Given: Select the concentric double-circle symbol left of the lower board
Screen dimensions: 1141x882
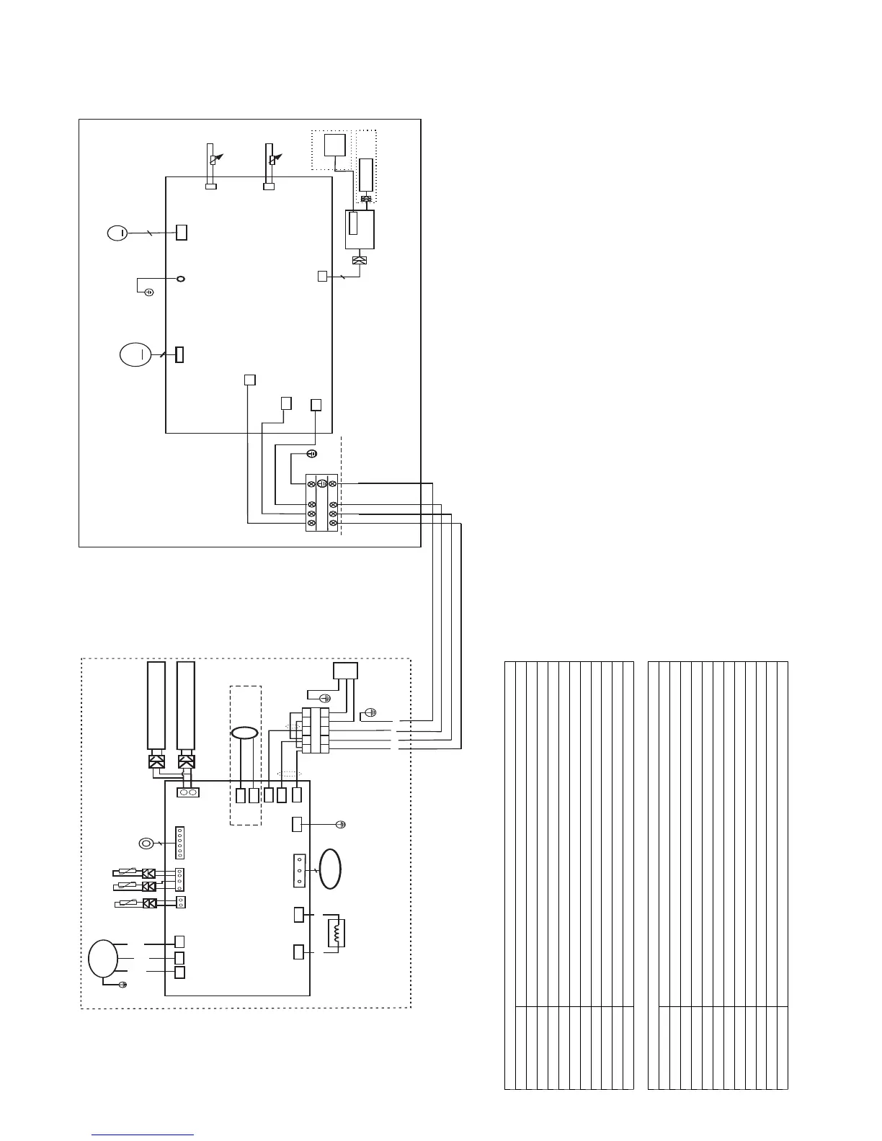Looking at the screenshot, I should tap(145, 844).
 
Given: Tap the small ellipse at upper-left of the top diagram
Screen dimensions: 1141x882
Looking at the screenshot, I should tap(117, 233).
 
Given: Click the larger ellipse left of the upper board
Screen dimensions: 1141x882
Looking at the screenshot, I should tap(135, 355).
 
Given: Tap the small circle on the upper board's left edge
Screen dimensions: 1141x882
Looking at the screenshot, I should tap(182, 278).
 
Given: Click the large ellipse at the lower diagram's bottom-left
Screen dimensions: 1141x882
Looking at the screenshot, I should tap(103, 959).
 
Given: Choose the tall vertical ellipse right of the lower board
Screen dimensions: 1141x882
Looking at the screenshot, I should tap(331, 869).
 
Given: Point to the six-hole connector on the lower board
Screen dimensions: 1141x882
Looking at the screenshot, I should tap(179, 843).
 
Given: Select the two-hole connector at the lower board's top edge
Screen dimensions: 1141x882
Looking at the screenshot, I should tap(187, 792).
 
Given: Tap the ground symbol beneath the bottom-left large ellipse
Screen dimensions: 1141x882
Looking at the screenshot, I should tap(122, 985).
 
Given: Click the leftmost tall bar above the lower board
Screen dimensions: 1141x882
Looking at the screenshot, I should tap(156, 706).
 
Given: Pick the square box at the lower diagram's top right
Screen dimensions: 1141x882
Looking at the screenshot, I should tap(345, 671).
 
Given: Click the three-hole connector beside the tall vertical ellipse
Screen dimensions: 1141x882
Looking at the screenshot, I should tap(299, 870).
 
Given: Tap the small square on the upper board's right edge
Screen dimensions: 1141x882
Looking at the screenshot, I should tap(322, 276).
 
